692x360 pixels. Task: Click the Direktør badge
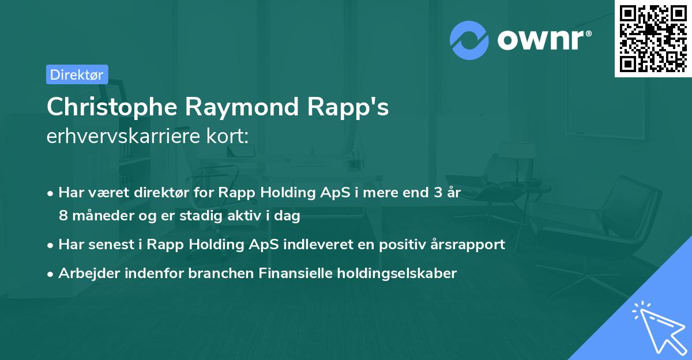(77, 74)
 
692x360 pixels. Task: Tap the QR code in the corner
(653, 39)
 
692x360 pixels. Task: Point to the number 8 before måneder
(63, 216)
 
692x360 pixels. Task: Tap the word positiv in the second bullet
(400, 245)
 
